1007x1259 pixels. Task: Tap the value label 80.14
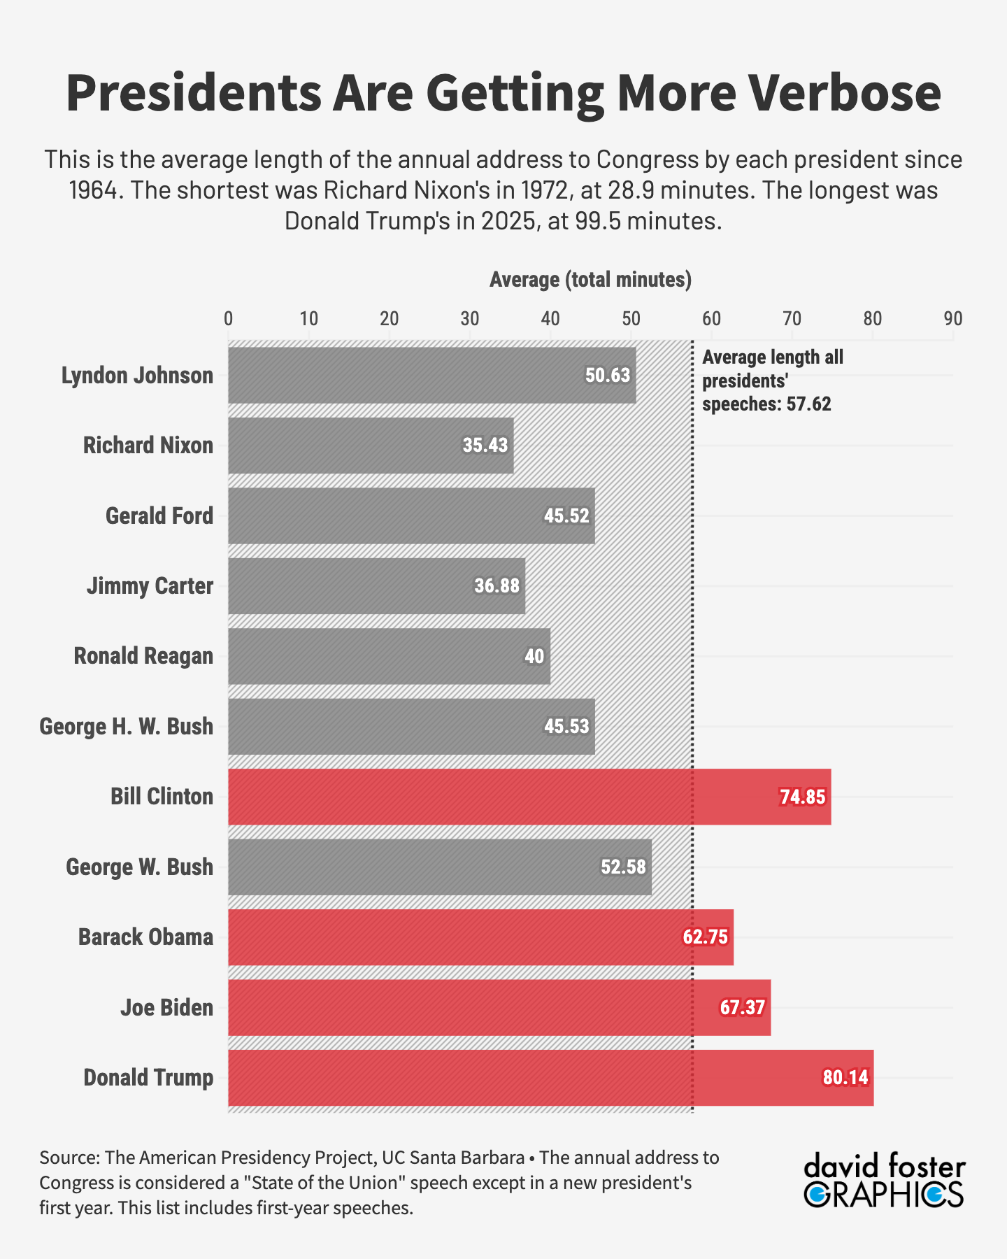coord(845,1077)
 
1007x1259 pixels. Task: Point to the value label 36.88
coord(497,585)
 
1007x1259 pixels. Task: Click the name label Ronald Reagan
coord(143,656)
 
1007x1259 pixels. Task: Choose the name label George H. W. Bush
coord(126,726)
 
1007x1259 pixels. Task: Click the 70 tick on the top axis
coord(792,319)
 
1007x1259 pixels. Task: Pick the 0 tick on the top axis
coord(229,319)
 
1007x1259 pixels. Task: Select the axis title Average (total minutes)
coord(590,280)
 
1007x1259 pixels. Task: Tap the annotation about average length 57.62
coord(772,381)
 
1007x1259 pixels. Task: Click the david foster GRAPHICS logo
coord(884,1182)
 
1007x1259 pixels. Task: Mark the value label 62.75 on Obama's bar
coord(705,937)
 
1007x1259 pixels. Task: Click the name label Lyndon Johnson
coord(137,376)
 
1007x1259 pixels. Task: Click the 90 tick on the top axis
coord(952,319)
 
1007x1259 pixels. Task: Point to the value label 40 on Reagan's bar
coord(534,656)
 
